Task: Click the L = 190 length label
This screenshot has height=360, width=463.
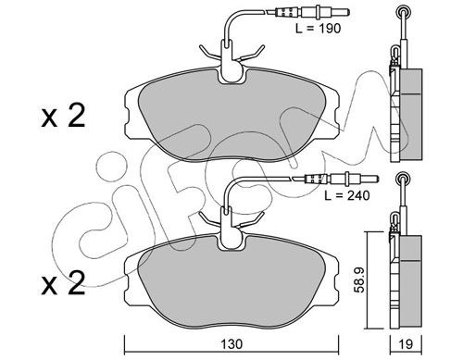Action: coord(318,29)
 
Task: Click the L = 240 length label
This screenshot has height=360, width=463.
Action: coord(346,195)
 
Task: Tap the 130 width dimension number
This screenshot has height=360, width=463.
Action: coord(231,344)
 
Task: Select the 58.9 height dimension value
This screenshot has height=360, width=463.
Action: coord(360,279)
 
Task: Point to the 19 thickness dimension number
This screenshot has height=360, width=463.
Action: coord(406,344)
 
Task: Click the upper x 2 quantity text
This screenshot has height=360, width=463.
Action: coord(63,117)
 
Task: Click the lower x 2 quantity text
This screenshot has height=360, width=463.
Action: coord(63,283)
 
